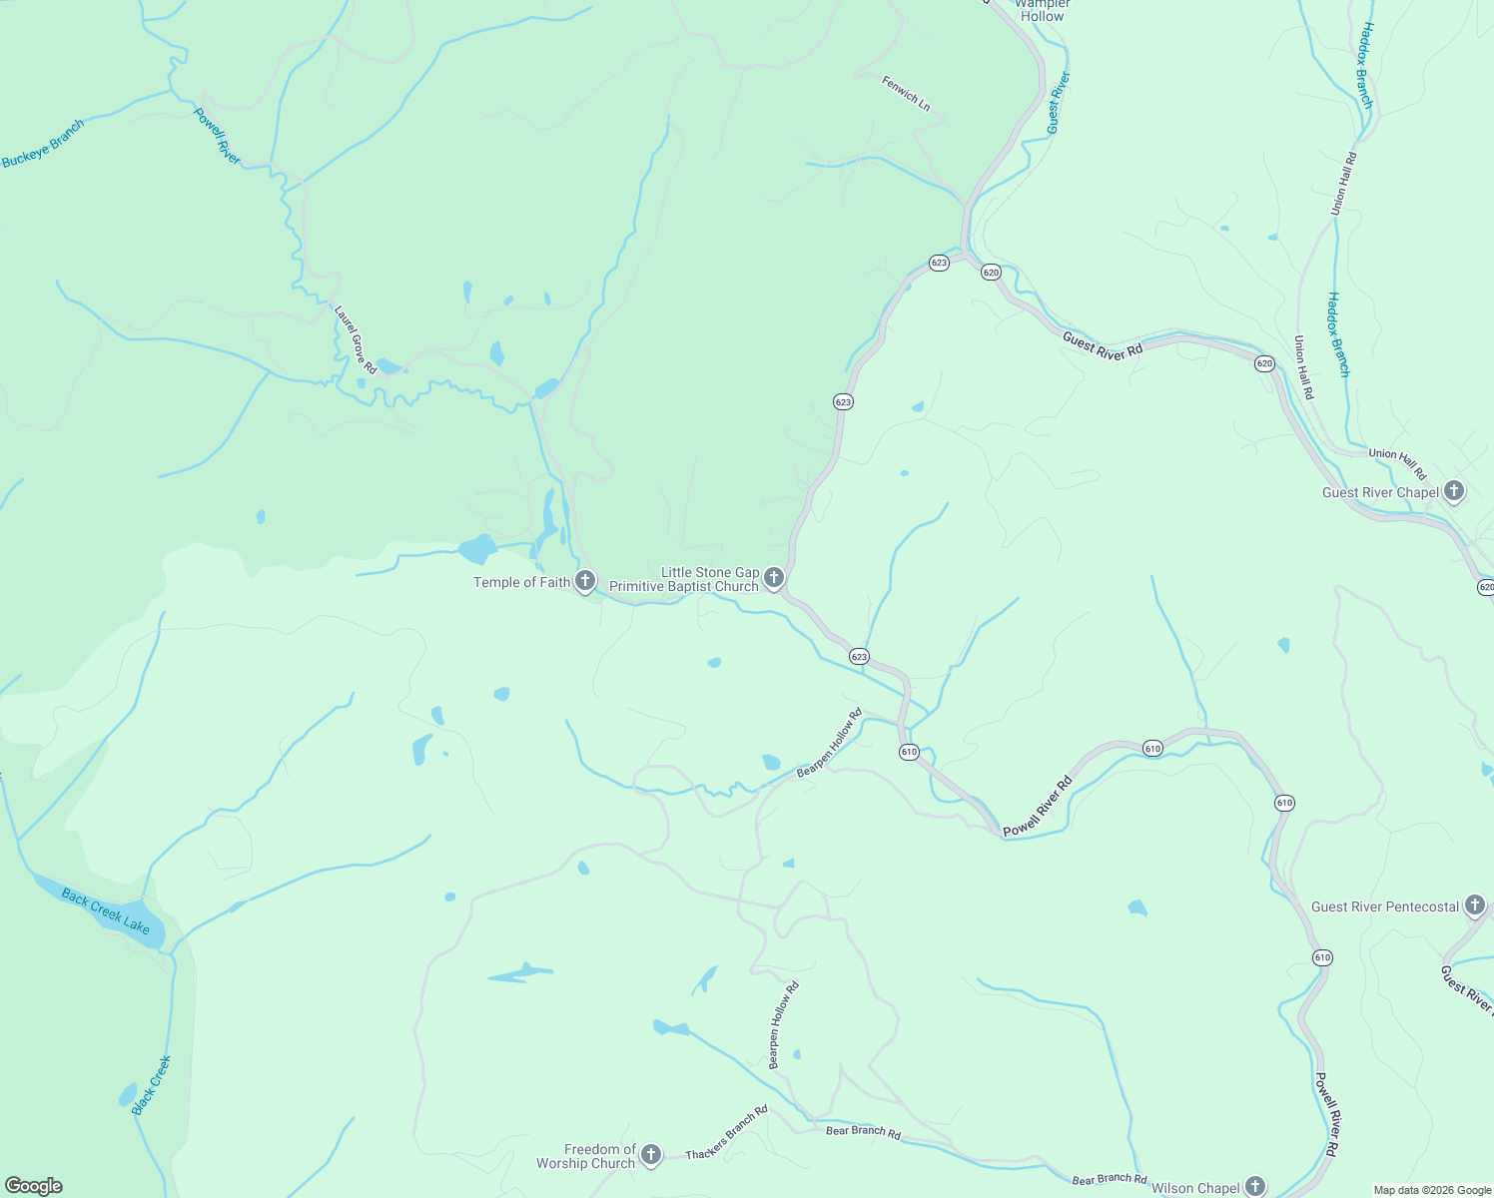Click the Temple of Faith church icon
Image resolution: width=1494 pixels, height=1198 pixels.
[x=585, y=581]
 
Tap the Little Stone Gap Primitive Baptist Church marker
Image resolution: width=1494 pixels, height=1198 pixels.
[x=774, y=578]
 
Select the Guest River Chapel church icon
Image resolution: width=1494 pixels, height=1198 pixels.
[x=1454, y=491]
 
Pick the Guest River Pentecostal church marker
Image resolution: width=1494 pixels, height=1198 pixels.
[x=1475, y=905]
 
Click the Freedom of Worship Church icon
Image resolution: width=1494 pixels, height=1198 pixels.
[x=650, y=1156]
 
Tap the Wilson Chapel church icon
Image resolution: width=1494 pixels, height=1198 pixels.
[x=1254, y=1187]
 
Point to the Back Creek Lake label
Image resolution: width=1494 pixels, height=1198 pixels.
[x=106, y=910]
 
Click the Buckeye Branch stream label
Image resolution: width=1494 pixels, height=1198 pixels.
[x=43, y=144]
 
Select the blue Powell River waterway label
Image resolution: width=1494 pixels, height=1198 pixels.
[x=218, y=136]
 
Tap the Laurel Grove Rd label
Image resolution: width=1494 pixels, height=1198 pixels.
[x=355, y=340]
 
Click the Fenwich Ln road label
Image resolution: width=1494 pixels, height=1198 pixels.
[x=906, y=93]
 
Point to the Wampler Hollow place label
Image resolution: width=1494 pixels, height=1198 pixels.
[x=1042, y=10]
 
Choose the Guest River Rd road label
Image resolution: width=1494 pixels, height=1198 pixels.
[x=1103, y=345]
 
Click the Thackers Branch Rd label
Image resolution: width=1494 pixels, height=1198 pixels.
[x=727, y=1132]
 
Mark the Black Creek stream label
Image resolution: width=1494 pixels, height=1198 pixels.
[x=152, y=1085]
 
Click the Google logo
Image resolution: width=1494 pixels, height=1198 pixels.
[x=33, y=1186]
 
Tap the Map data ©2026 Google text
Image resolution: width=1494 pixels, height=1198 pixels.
[x=1432, y=1190]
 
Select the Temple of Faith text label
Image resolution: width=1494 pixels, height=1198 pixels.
[x=521, y=582]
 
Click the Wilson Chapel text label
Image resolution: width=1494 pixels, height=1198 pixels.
[x=1194, y=1188]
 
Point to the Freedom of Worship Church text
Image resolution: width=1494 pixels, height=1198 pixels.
[x=586, y=1156]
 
